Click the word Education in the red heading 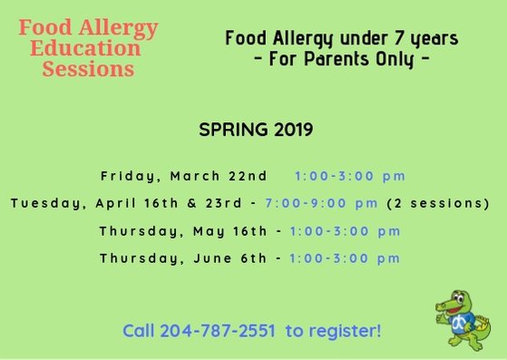[x=85, y=48]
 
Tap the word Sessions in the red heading [x=88, y=69]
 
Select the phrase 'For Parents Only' [x=345, y=59]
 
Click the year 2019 [x=290, y=130]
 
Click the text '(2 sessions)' [x=438, y=202]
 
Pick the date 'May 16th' [x=232, y=230]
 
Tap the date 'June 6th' [x=232, y=258]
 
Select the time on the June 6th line [x=345, y=258]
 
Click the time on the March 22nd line [x=350, y=175]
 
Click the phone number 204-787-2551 [x=218, y=331]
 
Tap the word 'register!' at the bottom [x=345, y=331]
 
